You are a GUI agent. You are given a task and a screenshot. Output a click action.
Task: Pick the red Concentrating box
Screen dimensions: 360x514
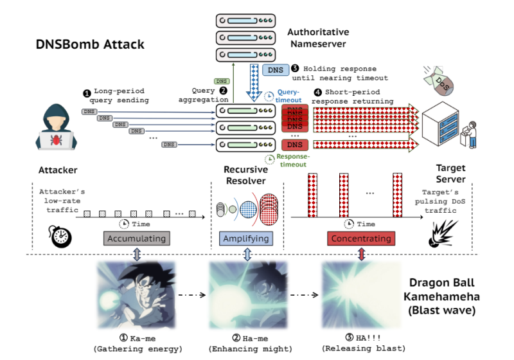[360, 239]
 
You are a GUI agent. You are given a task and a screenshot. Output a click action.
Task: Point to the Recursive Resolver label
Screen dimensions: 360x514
[246, 175]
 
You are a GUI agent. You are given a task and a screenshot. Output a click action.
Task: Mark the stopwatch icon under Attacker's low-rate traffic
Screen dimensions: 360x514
[59, 235]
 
